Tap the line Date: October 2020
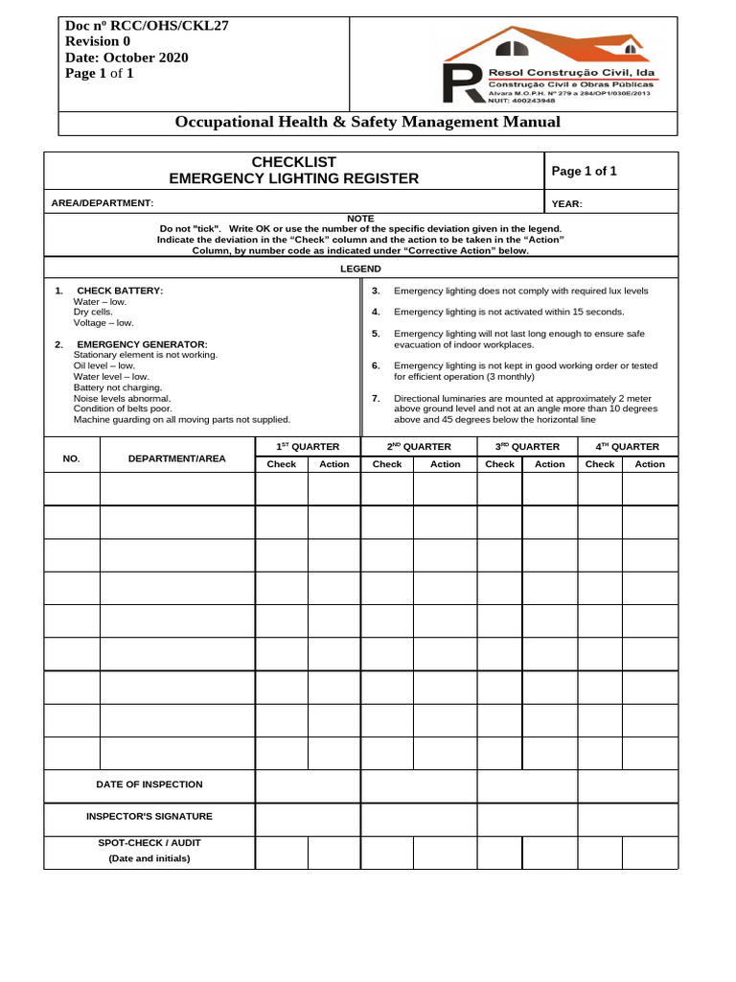[126, 58]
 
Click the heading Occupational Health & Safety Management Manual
[367, 122]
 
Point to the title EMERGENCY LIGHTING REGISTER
[293, 178]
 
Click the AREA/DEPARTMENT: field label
[102, 203]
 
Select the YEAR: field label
[566, 204]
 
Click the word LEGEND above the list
[360, 269]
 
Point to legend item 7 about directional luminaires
[525, 409]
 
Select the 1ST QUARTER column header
[308, 447]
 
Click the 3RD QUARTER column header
[527, 447]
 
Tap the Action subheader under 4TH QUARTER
[649, 464]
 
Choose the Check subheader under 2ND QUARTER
[386, 464]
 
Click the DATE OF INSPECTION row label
[149, 784]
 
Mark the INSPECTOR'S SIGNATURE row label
[149, 817]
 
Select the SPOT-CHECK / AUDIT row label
[149, 843]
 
